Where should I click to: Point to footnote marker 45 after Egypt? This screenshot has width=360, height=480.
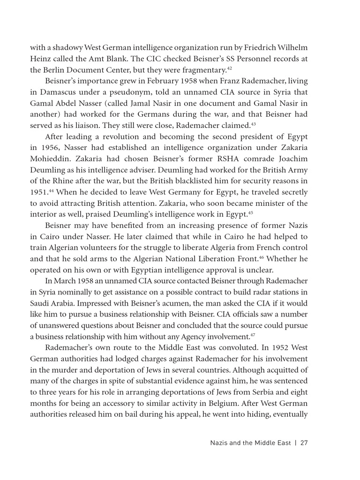click(250, 213)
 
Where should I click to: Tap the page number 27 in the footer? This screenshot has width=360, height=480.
click(303, 443)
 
